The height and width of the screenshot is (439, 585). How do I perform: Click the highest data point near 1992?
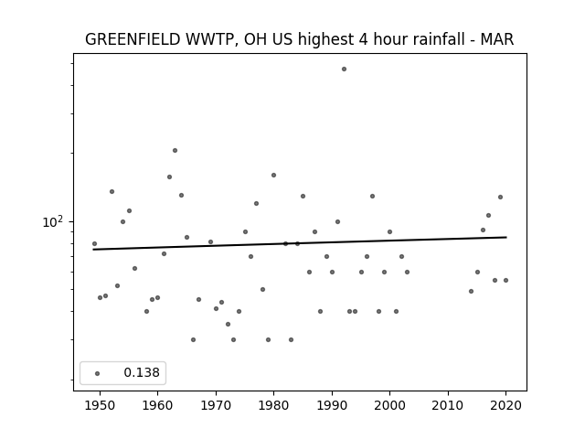click(344, 70)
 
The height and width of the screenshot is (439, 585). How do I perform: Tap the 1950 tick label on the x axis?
click(100, 405)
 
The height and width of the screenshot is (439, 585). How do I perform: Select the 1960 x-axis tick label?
click(157, 405)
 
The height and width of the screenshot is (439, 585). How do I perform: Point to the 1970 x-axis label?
click(216, 405)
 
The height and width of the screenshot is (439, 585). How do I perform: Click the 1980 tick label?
click(273, 405)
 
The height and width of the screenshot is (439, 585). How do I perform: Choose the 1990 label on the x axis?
click(332, 405)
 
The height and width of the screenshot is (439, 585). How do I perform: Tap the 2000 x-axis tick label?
click(389, 405)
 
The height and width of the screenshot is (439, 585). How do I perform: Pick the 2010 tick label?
click(448, 405)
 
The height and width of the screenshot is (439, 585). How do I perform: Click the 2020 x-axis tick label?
click(505, 405)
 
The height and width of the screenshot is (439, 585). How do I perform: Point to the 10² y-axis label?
click(53, 221)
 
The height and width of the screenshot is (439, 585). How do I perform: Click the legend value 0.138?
click(142, 372)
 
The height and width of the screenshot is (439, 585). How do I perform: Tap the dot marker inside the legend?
click(98, 373)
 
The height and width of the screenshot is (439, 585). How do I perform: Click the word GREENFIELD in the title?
click(133, 39)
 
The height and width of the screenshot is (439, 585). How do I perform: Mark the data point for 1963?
click(175, 150)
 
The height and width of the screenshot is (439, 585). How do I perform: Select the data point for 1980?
click(273, 175)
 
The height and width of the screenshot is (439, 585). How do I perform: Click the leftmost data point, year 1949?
click(94, 244)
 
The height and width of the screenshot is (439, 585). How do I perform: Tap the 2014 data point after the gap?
click(472, 291)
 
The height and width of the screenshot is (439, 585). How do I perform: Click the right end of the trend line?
click(506, 237)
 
